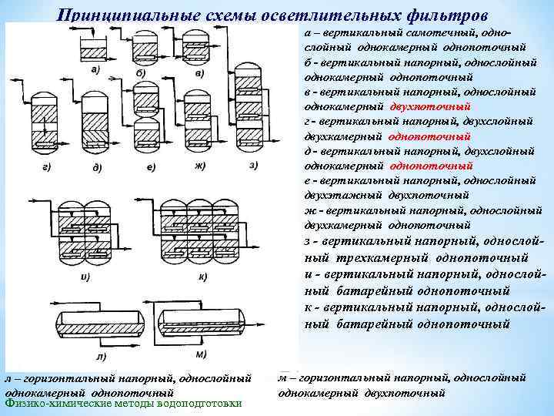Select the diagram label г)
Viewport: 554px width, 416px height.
pos(47,167)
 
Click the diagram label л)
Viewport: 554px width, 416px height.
pos(101,356)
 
